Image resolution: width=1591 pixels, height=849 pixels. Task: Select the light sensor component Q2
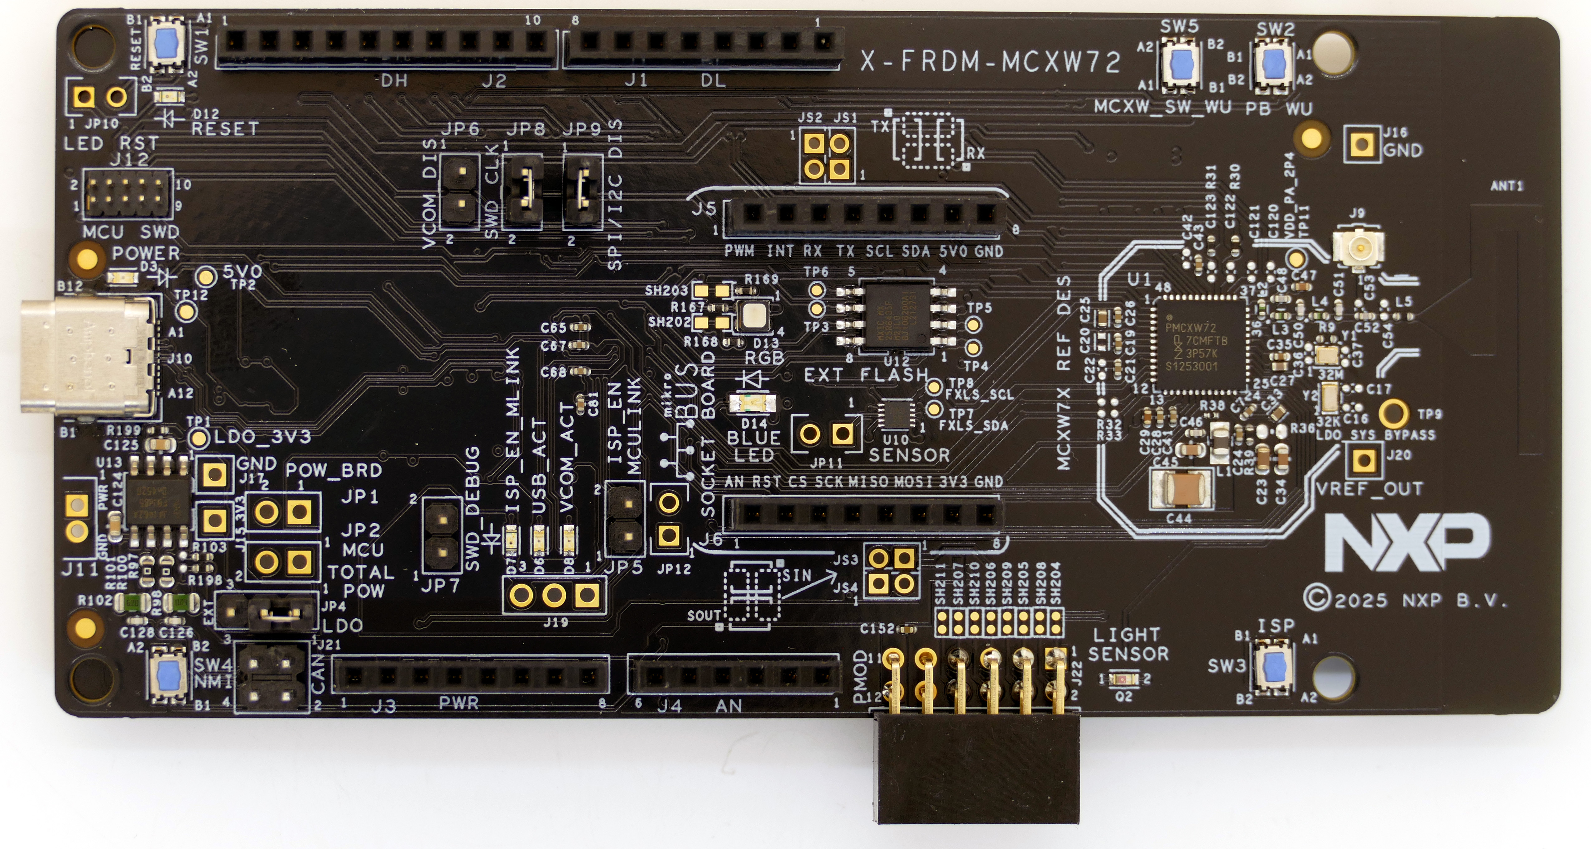click(1123, 679)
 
